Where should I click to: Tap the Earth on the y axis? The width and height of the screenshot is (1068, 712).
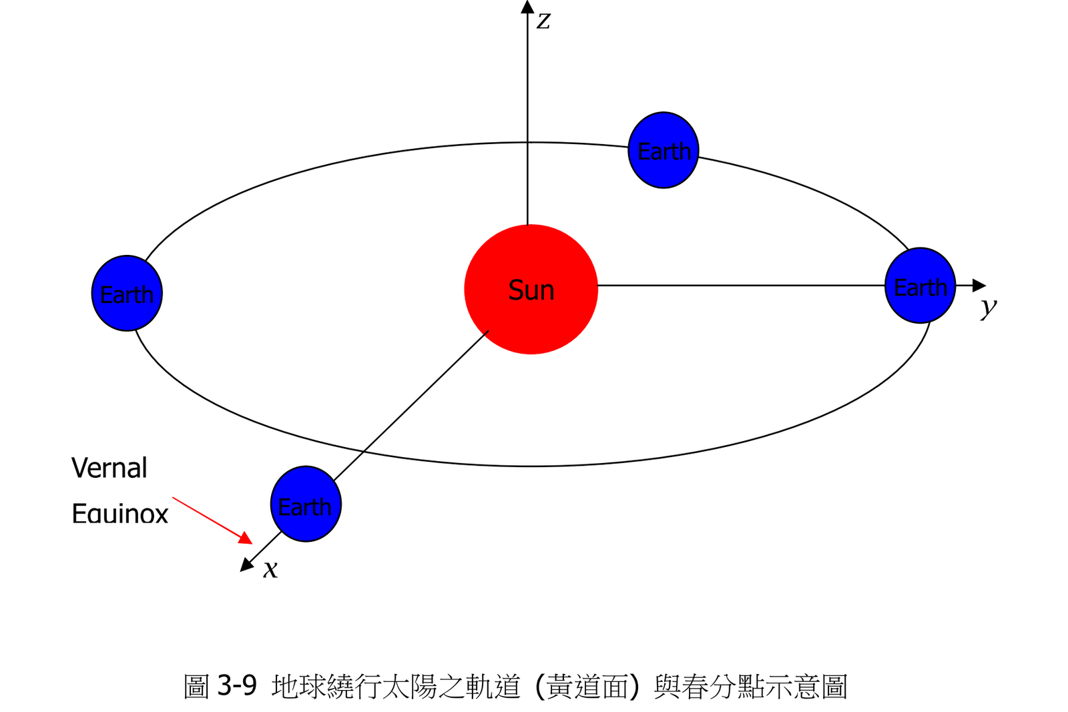click(x=920, y=286)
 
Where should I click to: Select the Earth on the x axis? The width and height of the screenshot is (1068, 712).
click(x=306, y=504)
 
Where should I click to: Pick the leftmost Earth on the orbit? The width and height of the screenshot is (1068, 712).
click(x=127, y=293)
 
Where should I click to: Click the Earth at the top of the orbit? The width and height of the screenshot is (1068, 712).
click(x=663, y=150)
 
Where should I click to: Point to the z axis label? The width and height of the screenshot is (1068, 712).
click(x=544, y=20)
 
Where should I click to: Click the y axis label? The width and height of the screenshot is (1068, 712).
click(x=989, y=307)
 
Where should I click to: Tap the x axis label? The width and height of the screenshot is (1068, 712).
click(x=270, y=569)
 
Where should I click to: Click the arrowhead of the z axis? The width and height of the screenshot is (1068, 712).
click(x=527, y=7)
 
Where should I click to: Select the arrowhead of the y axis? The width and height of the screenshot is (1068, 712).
click(x=979, y=286)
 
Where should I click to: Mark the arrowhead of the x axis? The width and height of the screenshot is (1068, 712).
click(x=247, y=565)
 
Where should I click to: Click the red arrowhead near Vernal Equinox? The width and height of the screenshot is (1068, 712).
click(x=246, y=538)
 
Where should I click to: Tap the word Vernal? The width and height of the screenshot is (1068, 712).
click(x=109, y=468)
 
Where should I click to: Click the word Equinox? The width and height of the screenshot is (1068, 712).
click(x=119, y=514)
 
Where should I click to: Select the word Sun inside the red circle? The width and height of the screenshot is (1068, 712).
click(x=531, y=290)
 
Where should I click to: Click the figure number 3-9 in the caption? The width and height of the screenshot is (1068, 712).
click(x=237, y=685)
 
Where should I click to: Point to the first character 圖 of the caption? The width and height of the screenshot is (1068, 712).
click(x=197, y=686)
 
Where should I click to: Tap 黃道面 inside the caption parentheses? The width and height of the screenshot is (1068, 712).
click(x=587, y=686)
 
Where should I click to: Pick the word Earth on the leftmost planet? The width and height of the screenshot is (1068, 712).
click(x=127, y=294)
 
